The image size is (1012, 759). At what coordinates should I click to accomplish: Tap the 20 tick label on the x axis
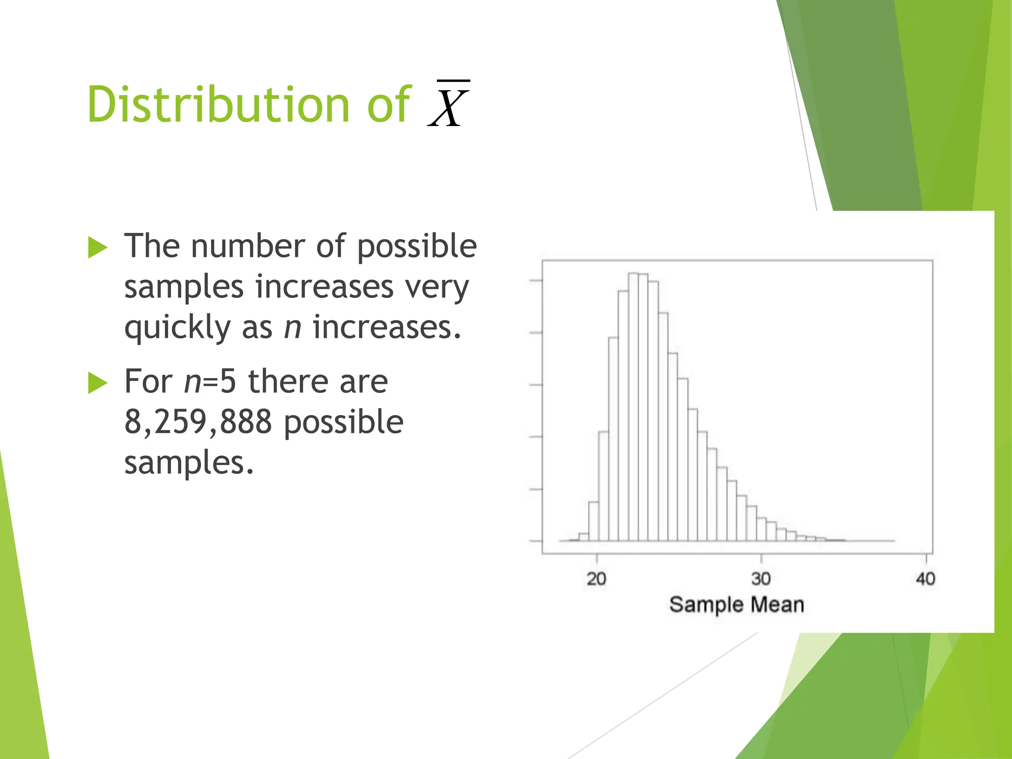(596, 579)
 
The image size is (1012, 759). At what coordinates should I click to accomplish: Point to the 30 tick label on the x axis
(761, 579)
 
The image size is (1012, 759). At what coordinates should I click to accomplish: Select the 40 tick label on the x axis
(926, 579)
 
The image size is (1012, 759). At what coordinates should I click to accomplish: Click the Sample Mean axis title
(736, 605)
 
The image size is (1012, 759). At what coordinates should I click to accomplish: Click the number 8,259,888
(198, 422)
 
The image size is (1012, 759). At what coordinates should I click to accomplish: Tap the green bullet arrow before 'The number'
(98, 247)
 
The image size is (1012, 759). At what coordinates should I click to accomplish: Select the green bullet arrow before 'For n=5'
(98, 383)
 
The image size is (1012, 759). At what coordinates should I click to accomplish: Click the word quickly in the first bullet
(177, 328)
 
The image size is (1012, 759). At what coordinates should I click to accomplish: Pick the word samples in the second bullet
(189, 463)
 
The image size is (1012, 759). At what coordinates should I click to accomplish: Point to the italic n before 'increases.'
(293, 327)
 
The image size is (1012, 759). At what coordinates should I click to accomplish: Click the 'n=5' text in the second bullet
(210, 381)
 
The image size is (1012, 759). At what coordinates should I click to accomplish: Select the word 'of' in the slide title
(388, 104)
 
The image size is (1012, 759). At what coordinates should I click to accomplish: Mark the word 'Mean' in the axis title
(777, 605)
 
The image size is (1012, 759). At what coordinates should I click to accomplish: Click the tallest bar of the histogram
(633, 405)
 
